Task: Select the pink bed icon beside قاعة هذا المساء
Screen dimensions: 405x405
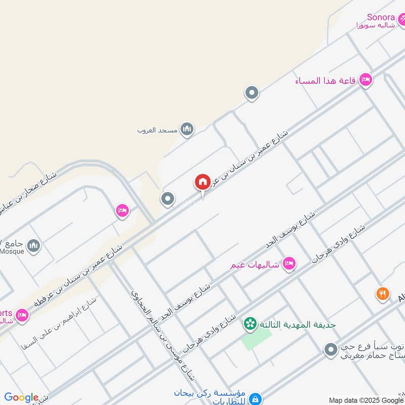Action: [366, 79]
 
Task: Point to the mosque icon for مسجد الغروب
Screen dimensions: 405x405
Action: [187, 130]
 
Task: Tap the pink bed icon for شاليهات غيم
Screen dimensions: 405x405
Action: [289, 263]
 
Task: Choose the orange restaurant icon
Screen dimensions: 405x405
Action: [383, 293]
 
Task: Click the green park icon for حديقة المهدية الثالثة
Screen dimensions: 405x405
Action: [249, 324]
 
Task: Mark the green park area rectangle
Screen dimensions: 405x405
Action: [253, 341]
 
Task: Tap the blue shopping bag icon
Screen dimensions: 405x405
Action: [256, 398]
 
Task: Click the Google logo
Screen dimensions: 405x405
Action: [21, 397]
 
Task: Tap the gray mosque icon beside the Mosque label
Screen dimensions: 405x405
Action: [33, 246]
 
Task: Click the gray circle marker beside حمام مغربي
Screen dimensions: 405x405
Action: [330, 349]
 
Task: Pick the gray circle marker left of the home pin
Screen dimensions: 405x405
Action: [167, 199]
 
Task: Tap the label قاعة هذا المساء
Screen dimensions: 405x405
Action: [327, 80]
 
